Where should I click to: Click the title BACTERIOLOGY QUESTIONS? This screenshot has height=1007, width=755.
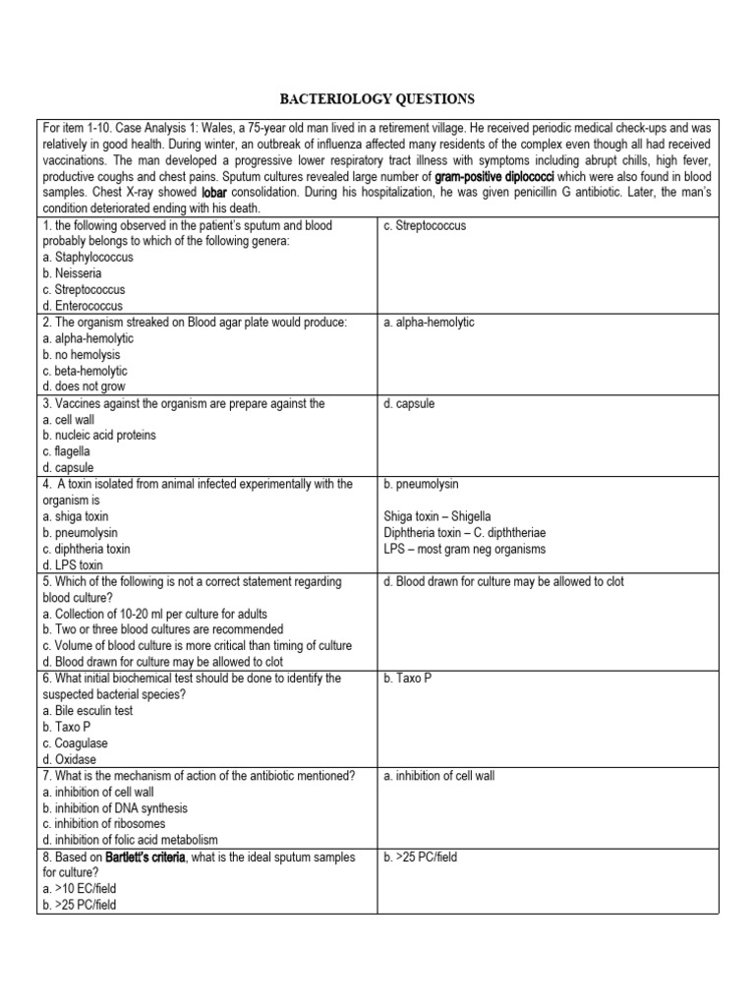377,99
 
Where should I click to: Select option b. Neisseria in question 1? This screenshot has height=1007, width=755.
75,273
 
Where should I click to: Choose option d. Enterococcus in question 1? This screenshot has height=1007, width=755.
83,306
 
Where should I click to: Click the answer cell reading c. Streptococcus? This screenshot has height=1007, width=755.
426,225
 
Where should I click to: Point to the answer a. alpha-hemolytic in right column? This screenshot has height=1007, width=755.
429,323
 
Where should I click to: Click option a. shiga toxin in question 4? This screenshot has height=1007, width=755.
76,516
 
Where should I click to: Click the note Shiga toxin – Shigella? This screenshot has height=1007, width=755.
437,516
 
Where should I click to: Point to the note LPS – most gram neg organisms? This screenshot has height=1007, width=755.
465,549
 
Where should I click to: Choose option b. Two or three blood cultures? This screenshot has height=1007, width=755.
163,629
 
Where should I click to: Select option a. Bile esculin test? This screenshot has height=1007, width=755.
87,710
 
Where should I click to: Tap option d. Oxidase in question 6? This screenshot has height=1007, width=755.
69,759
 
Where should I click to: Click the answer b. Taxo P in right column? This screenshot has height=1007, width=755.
408,679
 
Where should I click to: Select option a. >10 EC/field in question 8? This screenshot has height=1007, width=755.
79,889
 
